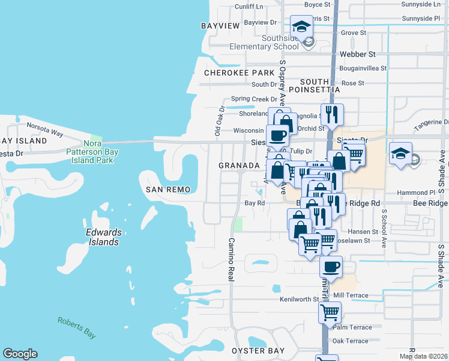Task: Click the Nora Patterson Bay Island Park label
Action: [100, 153]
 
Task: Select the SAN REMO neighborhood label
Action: [169, 190]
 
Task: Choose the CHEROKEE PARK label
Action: [239, 72]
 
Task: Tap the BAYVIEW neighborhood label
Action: [220, 25]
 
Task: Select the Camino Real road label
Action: [231, 259]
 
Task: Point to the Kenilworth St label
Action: [299, 299]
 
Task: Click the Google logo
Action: [20, 354]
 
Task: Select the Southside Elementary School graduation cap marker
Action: [301, 26]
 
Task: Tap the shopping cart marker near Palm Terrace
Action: [330, 312]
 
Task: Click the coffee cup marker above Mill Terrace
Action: [331, 266]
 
